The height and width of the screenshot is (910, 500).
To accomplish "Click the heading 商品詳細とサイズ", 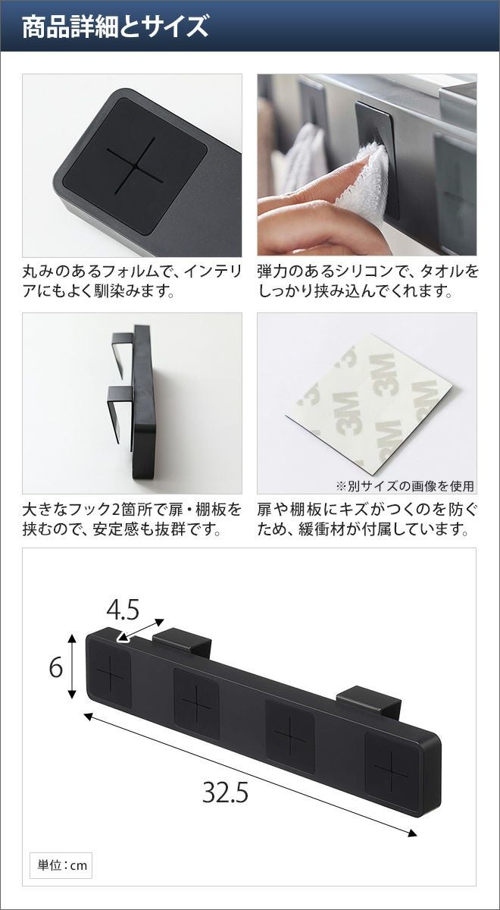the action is tap(115, 27).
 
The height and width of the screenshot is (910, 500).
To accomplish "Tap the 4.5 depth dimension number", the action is tap(123, 610).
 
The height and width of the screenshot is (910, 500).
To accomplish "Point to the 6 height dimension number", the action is tap(56, 667).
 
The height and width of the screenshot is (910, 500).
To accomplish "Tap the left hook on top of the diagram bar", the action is tap(182, 640).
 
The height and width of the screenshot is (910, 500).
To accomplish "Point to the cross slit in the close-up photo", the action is tap(135, 165).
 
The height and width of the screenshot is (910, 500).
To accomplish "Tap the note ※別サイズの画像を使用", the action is tap(405, 485).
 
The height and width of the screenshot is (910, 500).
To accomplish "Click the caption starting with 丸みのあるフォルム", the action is tap(133, 281).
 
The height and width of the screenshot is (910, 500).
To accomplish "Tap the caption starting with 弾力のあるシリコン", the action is tap(368, 281).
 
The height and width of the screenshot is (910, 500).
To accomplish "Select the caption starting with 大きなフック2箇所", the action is tap(133, 519).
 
